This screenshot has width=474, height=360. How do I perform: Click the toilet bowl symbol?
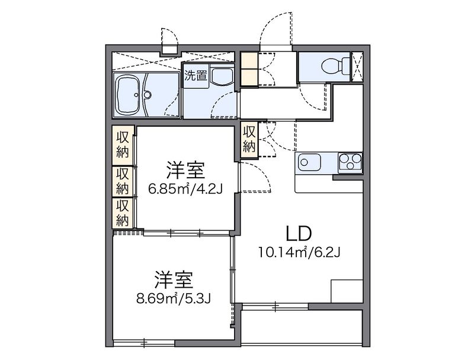click(331, 66)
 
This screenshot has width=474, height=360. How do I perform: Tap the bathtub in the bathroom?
click(128, 95)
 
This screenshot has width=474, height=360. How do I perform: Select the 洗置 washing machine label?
click(196, 76)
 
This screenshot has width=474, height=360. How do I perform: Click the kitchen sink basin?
click(309, 162)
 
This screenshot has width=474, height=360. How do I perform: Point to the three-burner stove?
click(350, 162)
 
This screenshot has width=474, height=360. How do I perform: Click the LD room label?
click(299, 233)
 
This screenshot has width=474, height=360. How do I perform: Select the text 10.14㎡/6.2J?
click(299, 252)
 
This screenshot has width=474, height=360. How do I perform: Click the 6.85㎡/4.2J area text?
click(185, 189)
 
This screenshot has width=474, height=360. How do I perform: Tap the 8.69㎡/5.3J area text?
click(174, 298)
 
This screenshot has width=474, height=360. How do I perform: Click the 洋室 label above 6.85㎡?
click(185, 171)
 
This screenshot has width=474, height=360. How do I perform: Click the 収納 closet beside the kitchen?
click(249, 139)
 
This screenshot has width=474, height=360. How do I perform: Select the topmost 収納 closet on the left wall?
click(123, 146)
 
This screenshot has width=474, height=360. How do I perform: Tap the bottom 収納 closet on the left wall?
click(123, 213)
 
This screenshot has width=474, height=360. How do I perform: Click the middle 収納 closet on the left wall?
click(123, 182)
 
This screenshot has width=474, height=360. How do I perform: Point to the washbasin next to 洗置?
click(222, 76)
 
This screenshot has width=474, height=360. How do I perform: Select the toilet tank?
click(345, 66)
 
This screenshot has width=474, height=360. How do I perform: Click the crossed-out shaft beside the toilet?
click(357, 67)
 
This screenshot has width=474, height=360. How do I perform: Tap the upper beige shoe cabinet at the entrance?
click(248, 60)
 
